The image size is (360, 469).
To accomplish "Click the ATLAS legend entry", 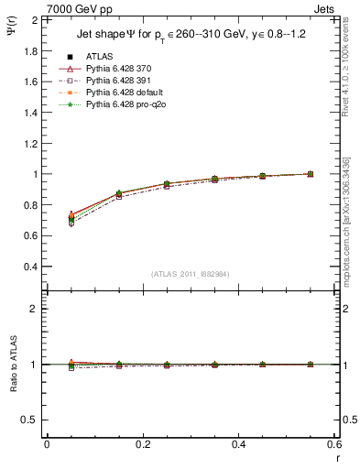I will pyautogui.click(x=99, y=56).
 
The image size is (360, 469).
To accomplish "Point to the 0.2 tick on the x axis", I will pyautogui.click(x=142, y=444).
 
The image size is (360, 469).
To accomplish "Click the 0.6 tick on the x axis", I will pyautogui.click(x=333, y=444).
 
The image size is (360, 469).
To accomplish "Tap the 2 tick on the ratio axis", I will pyautogui.click(x=36, y=309).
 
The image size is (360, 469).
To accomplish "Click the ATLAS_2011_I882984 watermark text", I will pyautogui.click(x=191, y=274).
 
